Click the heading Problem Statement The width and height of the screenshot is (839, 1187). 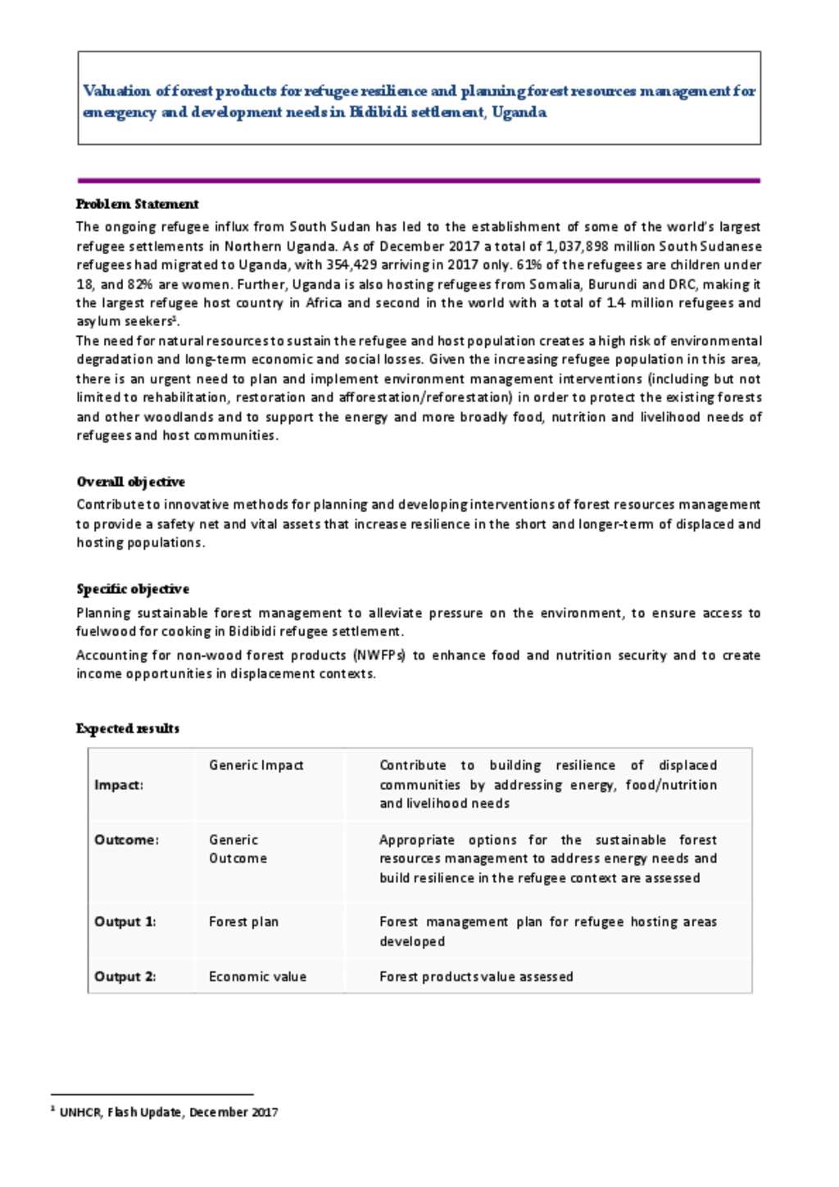(137, 204)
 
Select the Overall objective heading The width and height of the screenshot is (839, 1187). (130, 482)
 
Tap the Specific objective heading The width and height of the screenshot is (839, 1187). (133, 589)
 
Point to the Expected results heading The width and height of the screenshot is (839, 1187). (127, 728)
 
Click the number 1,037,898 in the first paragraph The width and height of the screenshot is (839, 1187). (577, 246)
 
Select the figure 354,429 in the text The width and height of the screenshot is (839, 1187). (351, 265)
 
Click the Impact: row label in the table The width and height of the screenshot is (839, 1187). (119, 785)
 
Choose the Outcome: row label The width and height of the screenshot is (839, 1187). (126, 840)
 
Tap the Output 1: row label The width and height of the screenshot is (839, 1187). (125, 922)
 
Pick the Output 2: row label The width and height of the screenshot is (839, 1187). (125, 976)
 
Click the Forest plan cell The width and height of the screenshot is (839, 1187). (243, 922)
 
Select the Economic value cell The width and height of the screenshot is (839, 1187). (257, 976)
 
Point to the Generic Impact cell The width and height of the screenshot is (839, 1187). (256, 765)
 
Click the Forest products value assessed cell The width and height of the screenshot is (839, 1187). (476, 976)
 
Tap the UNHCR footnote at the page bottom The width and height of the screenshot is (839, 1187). (168, 1112)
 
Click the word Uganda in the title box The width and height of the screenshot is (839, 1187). (519, 112)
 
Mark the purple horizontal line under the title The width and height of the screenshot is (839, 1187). (419, 180)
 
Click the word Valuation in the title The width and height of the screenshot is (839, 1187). (116, 91)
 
